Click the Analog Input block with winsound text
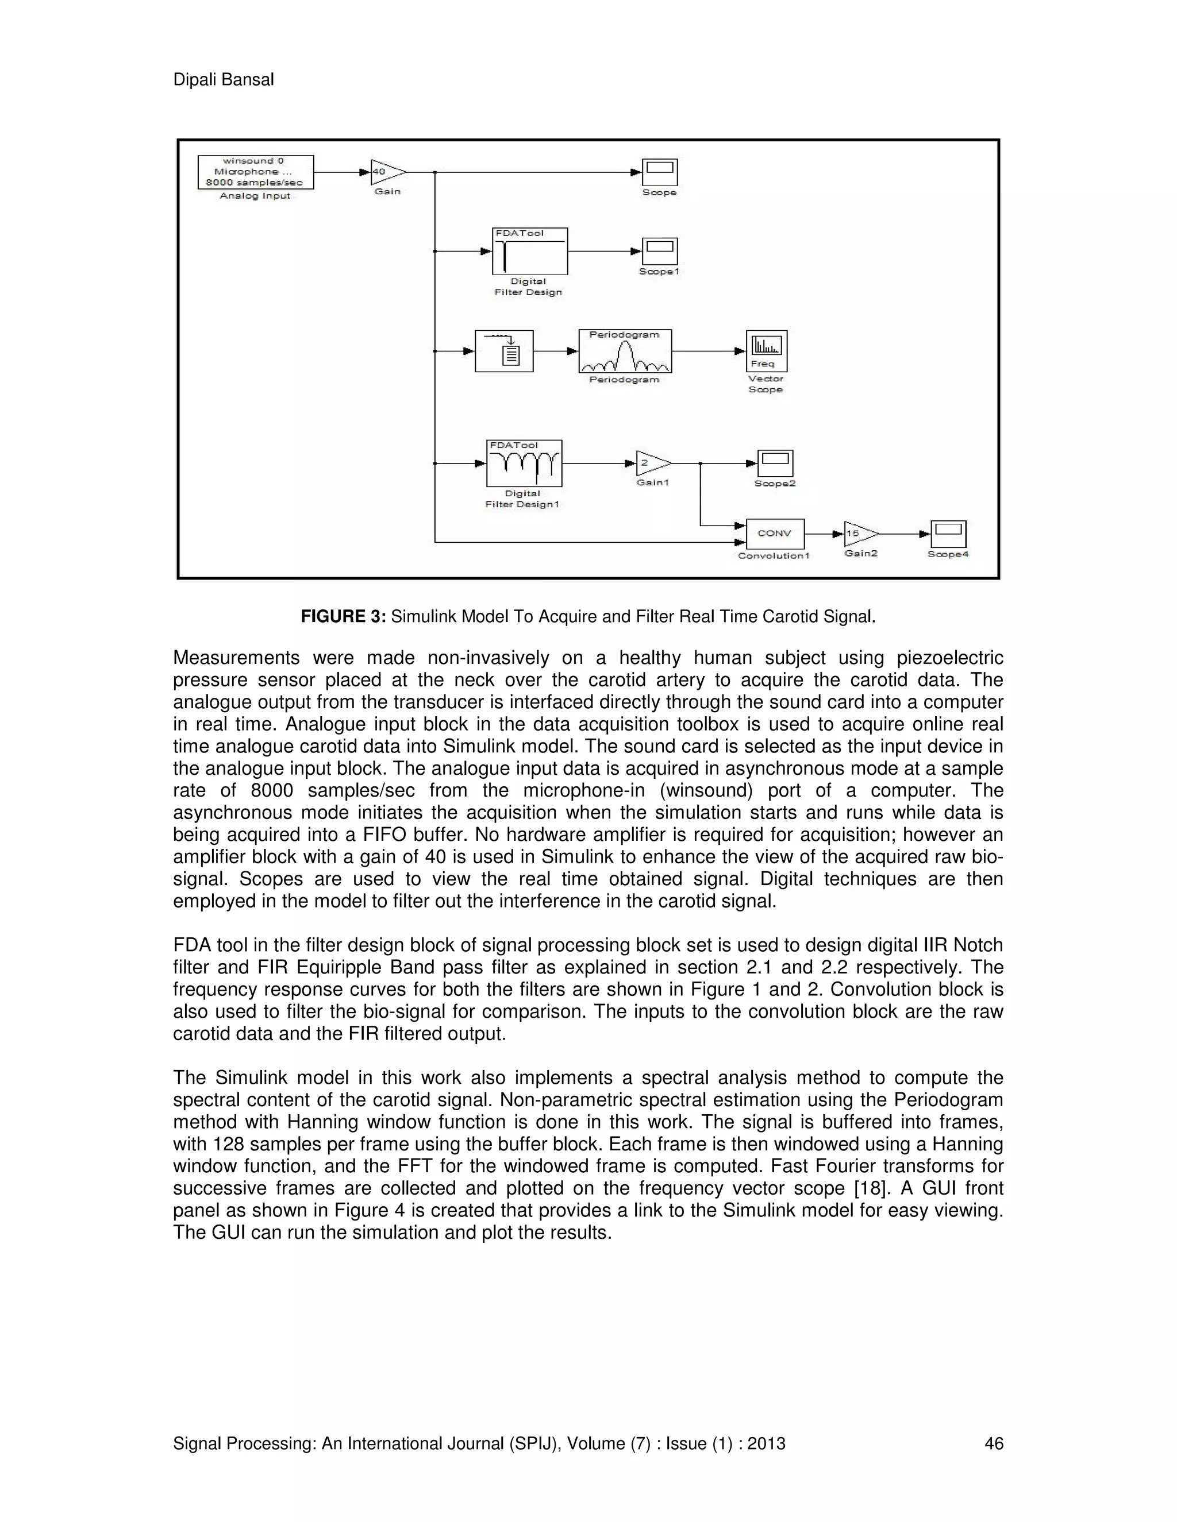tap(255, 172)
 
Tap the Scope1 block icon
tap(660, 252)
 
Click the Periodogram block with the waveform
tap(625, 351)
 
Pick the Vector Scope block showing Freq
tap(766, 351)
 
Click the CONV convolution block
tap(775, 534)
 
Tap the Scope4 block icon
tap(948, 535)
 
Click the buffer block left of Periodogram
tap(504, 351)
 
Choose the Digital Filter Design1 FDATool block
tap(524, 463)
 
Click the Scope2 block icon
tap(775, 463)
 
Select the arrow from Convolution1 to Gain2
tap(824, 534)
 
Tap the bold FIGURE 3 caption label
tap(343, 617)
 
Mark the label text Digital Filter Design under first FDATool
tap(528, 287)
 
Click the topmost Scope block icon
tap(660, 172)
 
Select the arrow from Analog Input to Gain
tap(342, 172)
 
